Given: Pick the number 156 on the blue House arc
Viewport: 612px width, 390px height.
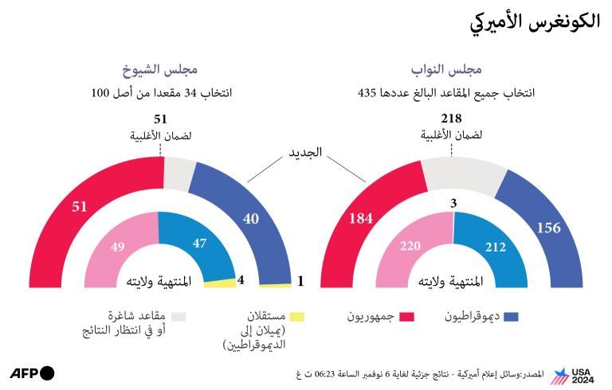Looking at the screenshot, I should pos(548,228).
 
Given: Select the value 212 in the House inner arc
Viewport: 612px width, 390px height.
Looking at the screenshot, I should pos(495,248).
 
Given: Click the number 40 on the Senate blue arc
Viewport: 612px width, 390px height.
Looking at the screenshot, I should pos(250,218).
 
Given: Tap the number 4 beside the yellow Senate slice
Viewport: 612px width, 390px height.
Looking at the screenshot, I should pos(241,279).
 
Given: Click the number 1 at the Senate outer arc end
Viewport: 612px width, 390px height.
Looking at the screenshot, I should pos(300,281).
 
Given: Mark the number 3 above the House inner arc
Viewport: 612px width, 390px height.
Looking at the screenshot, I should pos(453,204).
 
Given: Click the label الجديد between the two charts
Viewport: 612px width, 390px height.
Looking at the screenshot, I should pos(305,151).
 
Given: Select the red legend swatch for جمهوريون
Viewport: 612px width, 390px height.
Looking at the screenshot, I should pos(406,317).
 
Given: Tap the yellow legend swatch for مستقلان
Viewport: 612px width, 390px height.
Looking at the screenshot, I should pos(296,317).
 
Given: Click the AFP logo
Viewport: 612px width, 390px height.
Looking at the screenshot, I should pos(33,372).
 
